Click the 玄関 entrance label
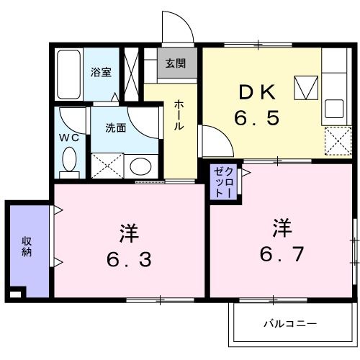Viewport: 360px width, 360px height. click(x=175, y=63)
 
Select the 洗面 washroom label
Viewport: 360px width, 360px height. click(x=116, y=128)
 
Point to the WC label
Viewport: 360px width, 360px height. click(x=68, y=135)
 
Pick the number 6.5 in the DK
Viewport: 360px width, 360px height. click(x=256, y=117)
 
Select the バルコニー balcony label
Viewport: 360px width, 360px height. click(x=289, y=323)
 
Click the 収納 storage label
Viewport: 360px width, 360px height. click(x=27, y=246)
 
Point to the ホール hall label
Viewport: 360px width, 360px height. click(x=179, y=115)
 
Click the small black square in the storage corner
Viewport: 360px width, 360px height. click(x=15, y=293)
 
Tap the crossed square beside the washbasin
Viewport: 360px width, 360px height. click(x=108, y=166)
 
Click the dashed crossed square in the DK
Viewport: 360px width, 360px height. click(x=335, y=140)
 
